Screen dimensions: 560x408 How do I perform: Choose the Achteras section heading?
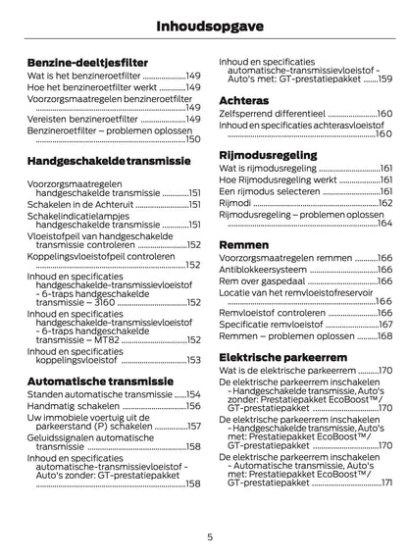243,99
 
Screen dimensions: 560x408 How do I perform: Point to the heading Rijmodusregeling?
267,154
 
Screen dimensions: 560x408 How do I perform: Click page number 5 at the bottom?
209,536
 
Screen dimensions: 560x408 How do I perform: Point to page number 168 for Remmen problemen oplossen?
383,335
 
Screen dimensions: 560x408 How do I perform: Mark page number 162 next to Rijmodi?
383,202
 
